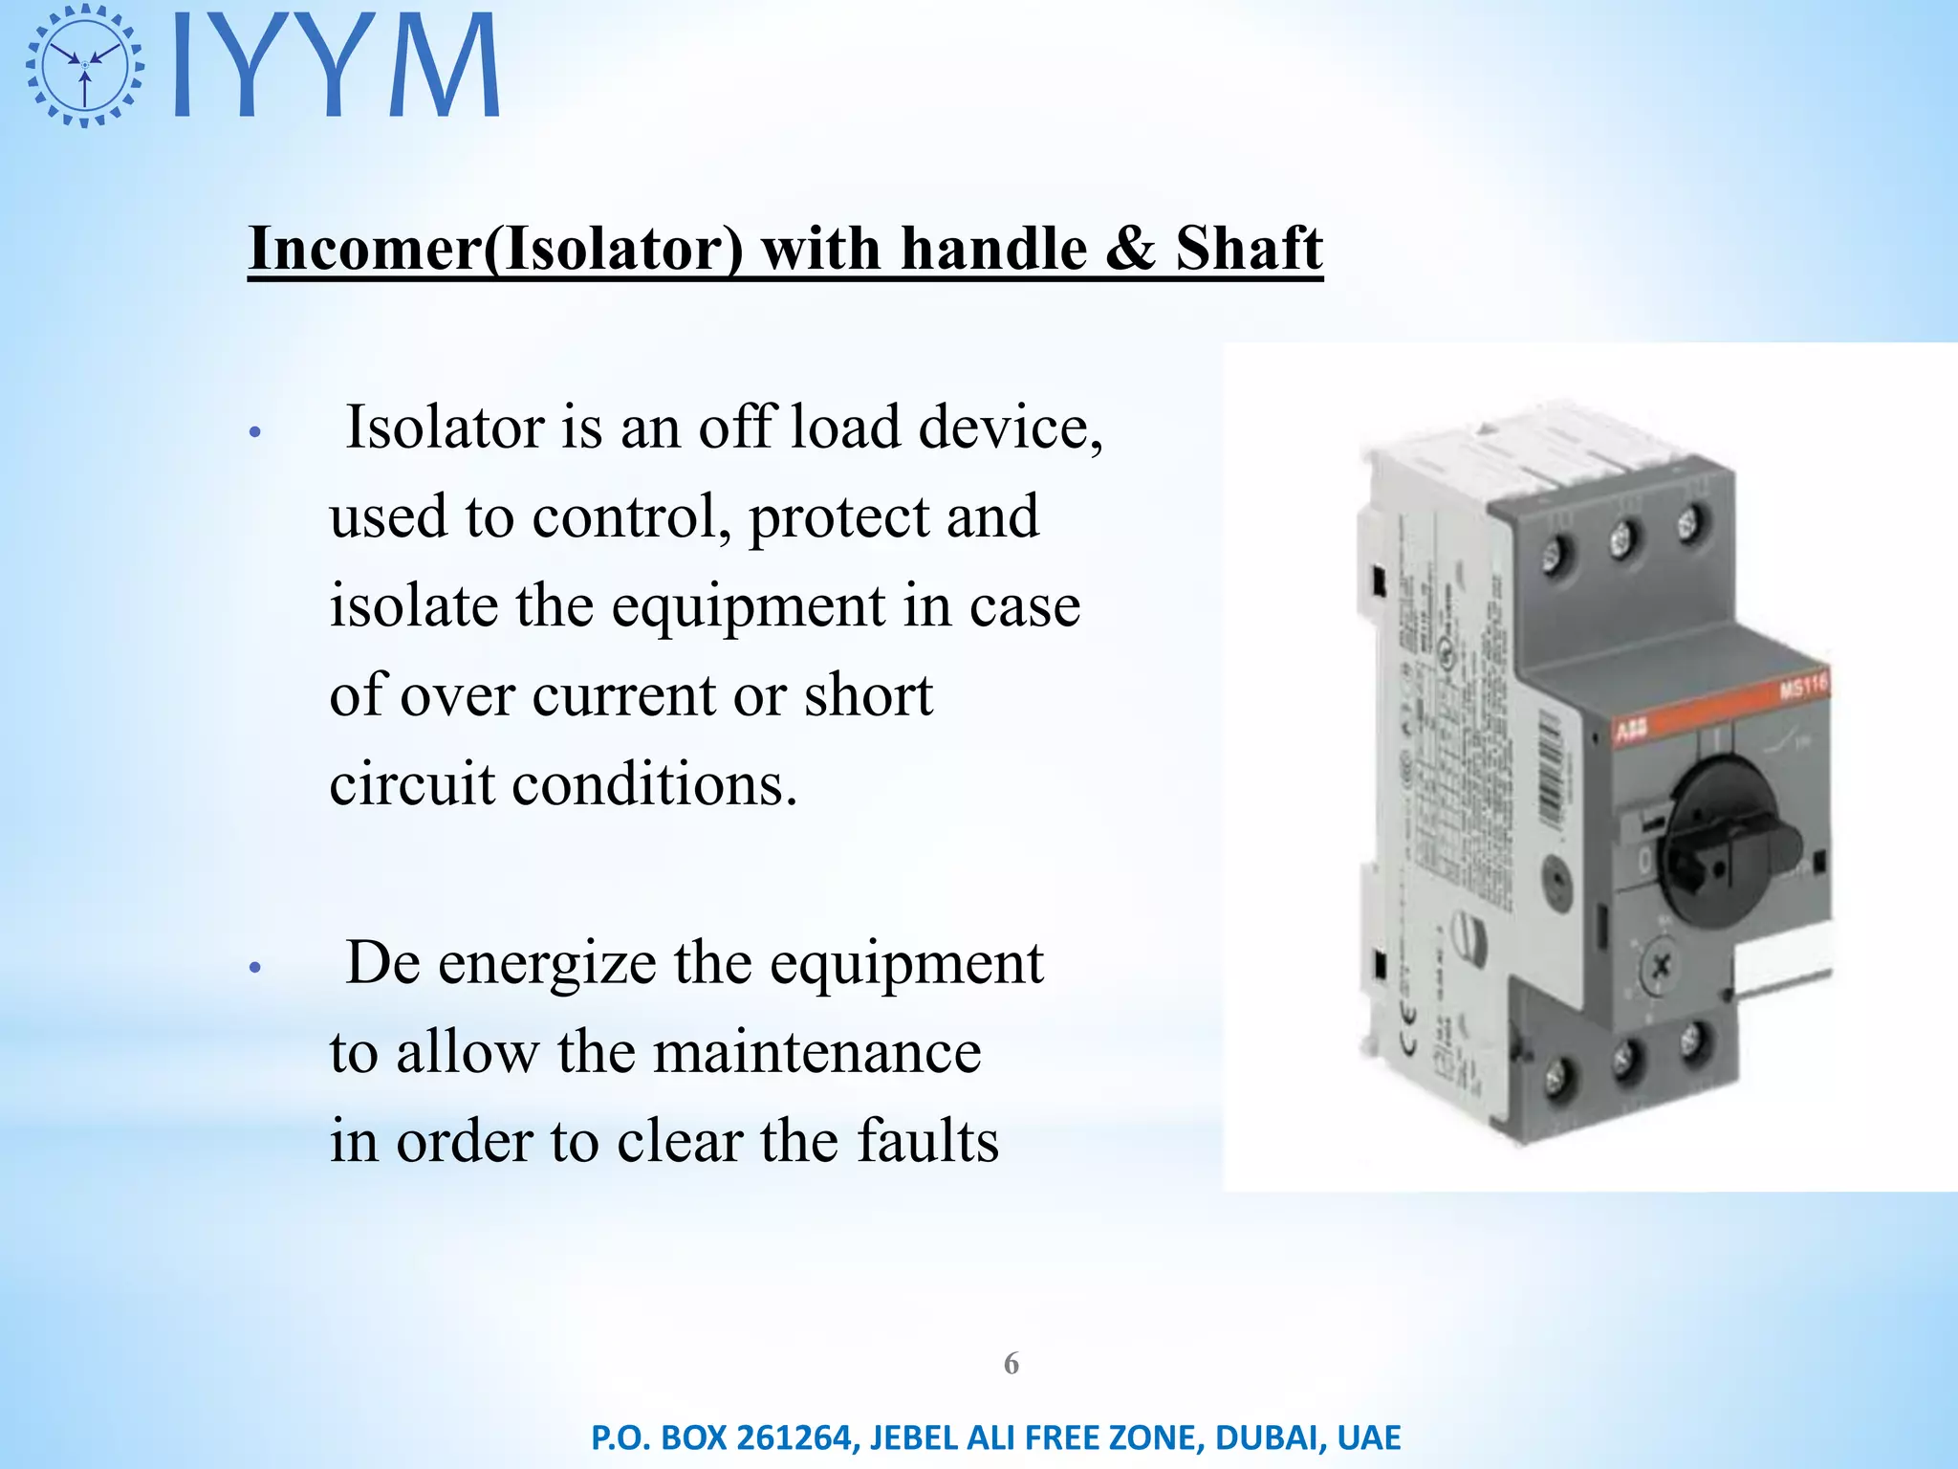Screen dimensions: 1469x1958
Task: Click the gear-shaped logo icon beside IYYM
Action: pos(85,65)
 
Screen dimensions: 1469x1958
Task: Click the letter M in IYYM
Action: pos(446,65)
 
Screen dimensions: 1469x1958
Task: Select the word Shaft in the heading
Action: pos(1249,249)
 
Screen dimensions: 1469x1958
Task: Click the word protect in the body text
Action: pos(838,516)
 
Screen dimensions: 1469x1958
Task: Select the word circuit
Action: pos(412,784)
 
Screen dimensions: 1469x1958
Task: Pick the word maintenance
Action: pos(817,1052)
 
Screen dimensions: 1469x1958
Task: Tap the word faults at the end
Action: pos(926,1141)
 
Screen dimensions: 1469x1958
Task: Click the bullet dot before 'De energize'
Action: pos(254,968)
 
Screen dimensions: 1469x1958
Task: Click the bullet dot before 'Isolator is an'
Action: pos(254,432)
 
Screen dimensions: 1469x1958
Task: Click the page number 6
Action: pos(1012,1363)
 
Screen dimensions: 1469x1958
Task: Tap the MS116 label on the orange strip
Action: pos(1802,687)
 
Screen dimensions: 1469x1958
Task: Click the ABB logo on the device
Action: pos(1631,731)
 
